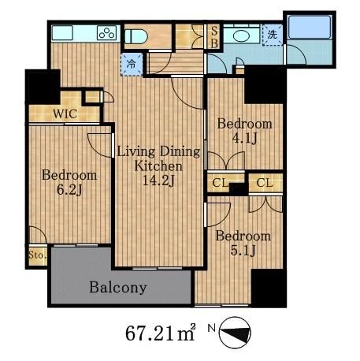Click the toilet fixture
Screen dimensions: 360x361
(135, 36)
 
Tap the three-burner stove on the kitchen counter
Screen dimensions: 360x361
(106, 33)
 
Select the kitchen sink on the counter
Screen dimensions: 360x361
(62, 33)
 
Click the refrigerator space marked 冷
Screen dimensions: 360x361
(132, 64)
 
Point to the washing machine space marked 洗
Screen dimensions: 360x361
(273, 35)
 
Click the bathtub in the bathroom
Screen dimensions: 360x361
(310, 27)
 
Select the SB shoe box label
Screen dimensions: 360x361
(214, 37)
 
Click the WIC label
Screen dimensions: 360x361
(65, 114)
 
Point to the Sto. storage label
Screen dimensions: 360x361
(37, 255)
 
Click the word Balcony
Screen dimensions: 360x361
(118, 288)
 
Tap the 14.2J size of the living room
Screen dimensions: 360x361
(158, 180)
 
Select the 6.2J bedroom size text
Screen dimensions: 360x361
(69, 190)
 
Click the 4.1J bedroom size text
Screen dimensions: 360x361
(244, 139)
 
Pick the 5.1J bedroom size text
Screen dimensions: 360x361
(243, 251)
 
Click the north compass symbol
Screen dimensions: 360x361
(235, 333)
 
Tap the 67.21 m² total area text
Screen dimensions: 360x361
(161, 333)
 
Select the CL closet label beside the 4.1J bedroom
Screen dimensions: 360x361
(220, 183)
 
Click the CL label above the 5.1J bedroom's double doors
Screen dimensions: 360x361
(265, 182)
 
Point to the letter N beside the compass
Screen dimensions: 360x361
(212, 328)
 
